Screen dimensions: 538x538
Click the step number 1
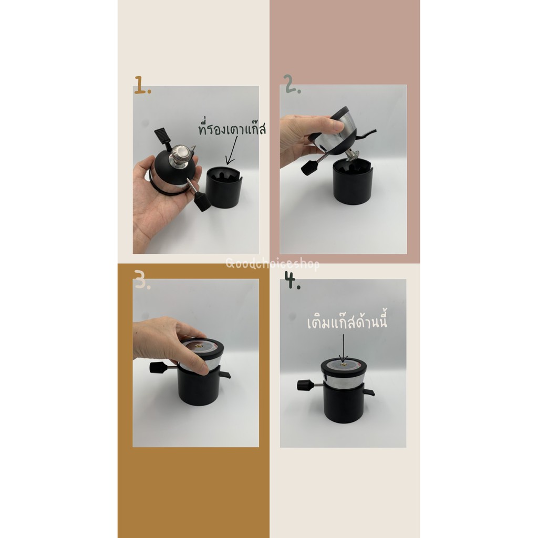[142, 85]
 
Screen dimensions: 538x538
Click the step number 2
[293, 85]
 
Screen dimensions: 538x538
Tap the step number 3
[142, 280]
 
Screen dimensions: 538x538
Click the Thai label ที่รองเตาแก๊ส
[232, 129]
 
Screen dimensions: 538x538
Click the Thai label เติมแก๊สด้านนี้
[347, 322]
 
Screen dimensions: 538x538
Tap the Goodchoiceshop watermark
[273, 264]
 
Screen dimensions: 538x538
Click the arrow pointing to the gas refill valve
[343, 348]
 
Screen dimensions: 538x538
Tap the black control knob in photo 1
[202, 202]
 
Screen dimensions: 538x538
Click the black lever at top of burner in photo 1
[163, 137]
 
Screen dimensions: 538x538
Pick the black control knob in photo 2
[309, 168]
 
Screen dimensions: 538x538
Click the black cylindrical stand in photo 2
[353, 182]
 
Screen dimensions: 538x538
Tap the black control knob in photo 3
[158, 368]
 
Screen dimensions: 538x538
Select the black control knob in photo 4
[305, 385]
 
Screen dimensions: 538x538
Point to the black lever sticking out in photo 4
[369, 391]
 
